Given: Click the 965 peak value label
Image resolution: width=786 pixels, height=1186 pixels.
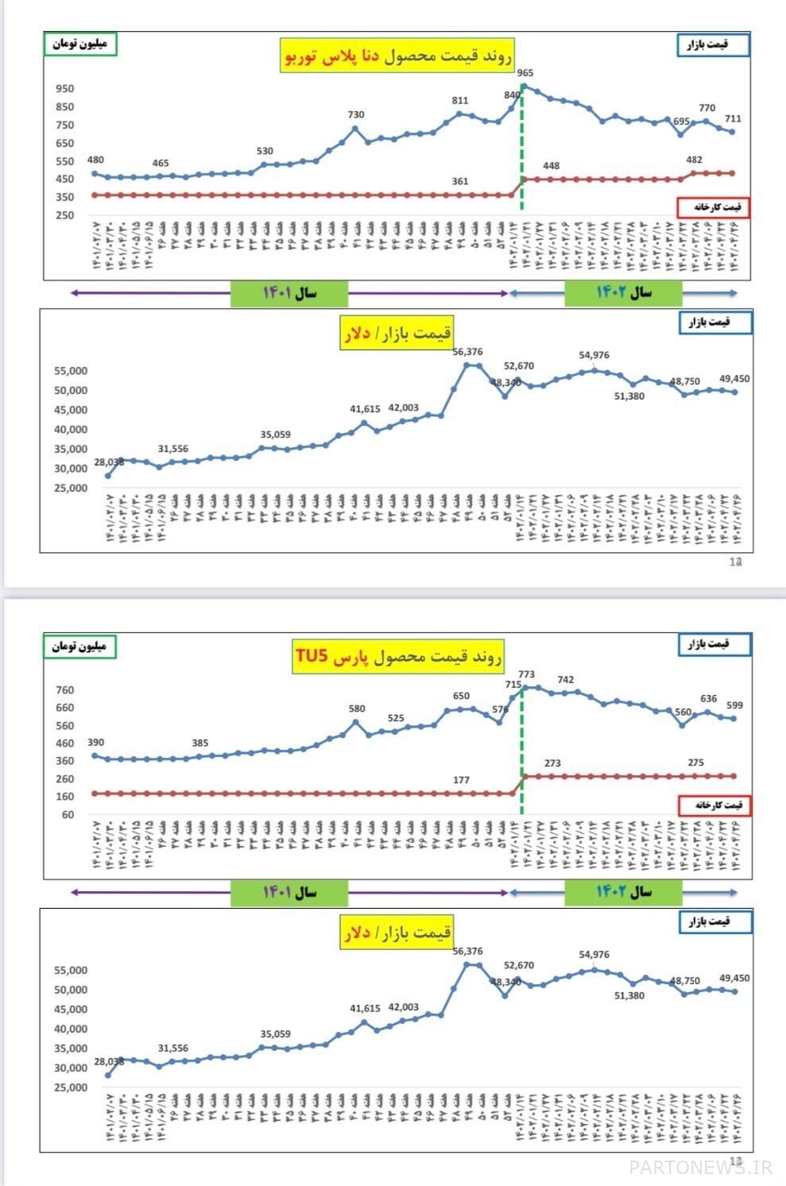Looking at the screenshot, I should pyautogui.click(x=525, y=73).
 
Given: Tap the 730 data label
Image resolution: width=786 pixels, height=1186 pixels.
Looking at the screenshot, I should pyautogui.click(x=356, y=115).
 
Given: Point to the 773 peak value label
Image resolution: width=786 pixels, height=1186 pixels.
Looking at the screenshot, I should pyautogui.click(x=526, y=674).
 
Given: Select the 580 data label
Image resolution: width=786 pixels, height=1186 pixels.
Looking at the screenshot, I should pyautogui.click(x=357, y=709).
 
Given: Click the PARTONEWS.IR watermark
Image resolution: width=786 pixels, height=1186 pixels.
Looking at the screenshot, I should pyautogui.click(x=700, y=1166).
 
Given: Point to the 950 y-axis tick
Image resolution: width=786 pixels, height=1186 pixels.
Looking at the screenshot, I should pyautogui.click(x=65, y=89).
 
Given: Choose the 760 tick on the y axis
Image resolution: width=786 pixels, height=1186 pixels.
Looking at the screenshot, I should pyautogui.click(x=65, y=690).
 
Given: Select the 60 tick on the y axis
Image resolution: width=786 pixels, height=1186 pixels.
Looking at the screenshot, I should pyautogui.click(x=68, y=814).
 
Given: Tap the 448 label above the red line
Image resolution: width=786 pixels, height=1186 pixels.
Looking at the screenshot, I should pyautogui.click(x=551, y=166).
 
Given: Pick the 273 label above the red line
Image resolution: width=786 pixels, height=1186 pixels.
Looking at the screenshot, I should pyautogui.click(x=552, y=763).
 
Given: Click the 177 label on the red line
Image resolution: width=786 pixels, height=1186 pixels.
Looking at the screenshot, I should pyautogui.click(x=461, y=780).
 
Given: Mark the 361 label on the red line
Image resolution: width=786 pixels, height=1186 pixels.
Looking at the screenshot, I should pyautogui.click(x=460, y=181).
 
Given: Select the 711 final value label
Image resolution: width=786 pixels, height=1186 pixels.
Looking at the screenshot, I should pyautogui.click(x=733, y=119).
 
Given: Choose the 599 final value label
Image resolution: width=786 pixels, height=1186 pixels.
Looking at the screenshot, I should pyautogui.click(x=734, y=705).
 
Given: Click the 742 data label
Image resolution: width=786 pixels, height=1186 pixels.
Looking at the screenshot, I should pyautogui.click(x=566, y=680).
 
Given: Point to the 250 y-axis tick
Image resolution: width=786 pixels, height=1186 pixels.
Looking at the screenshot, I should pyautogui.click(x=65, y=215).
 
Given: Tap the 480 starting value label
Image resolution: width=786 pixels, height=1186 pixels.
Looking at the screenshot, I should pyautogui.click(x=95, y=160).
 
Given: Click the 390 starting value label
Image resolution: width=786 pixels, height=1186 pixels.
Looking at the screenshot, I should pyautogui.click(x=95, y=743).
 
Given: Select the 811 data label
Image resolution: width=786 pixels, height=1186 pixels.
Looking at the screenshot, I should pyautogui.click(x=460, y=101).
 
